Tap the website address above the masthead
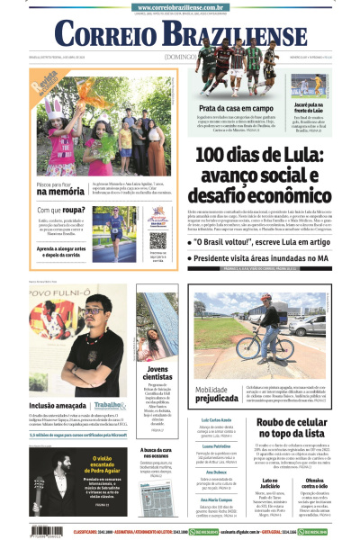click(x=181, y=6)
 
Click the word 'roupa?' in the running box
click(x=76, y=211)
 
